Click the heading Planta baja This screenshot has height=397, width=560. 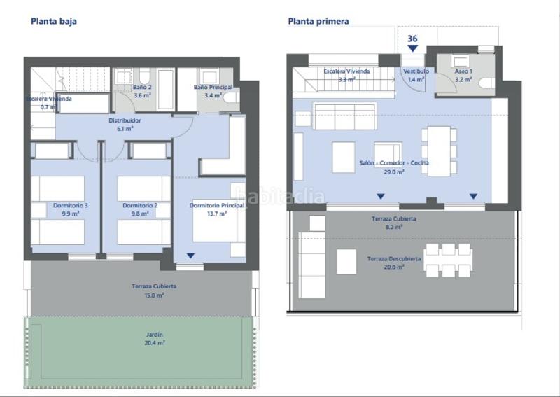pyautogui.click(x=54, y=21)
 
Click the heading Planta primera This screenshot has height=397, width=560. pyautogui.click(x=318, y=21)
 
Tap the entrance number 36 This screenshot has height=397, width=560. pyautogui.click(x=413, y=39)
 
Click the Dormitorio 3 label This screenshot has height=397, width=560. pyautogui.click(x=71, y=209)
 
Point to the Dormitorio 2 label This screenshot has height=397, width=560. pyautogui.click(x=139, y=209)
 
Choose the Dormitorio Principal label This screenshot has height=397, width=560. pyautogui.click(x=218, y=209)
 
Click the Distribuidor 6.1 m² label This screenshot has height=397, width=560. pyautogui.click(x=125, y=124)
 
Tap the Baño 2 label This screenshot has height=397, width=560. pyautogui.click(x=143, y=91)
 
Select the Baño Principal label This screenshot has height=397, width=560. pyautogui.click(x=213, y=91)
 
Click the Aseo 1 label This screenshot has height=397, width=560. pyautogui.click(x=463, y=75)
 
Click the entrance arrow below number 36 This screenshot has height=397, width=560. pyautogui.click(x=413, y=48)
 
